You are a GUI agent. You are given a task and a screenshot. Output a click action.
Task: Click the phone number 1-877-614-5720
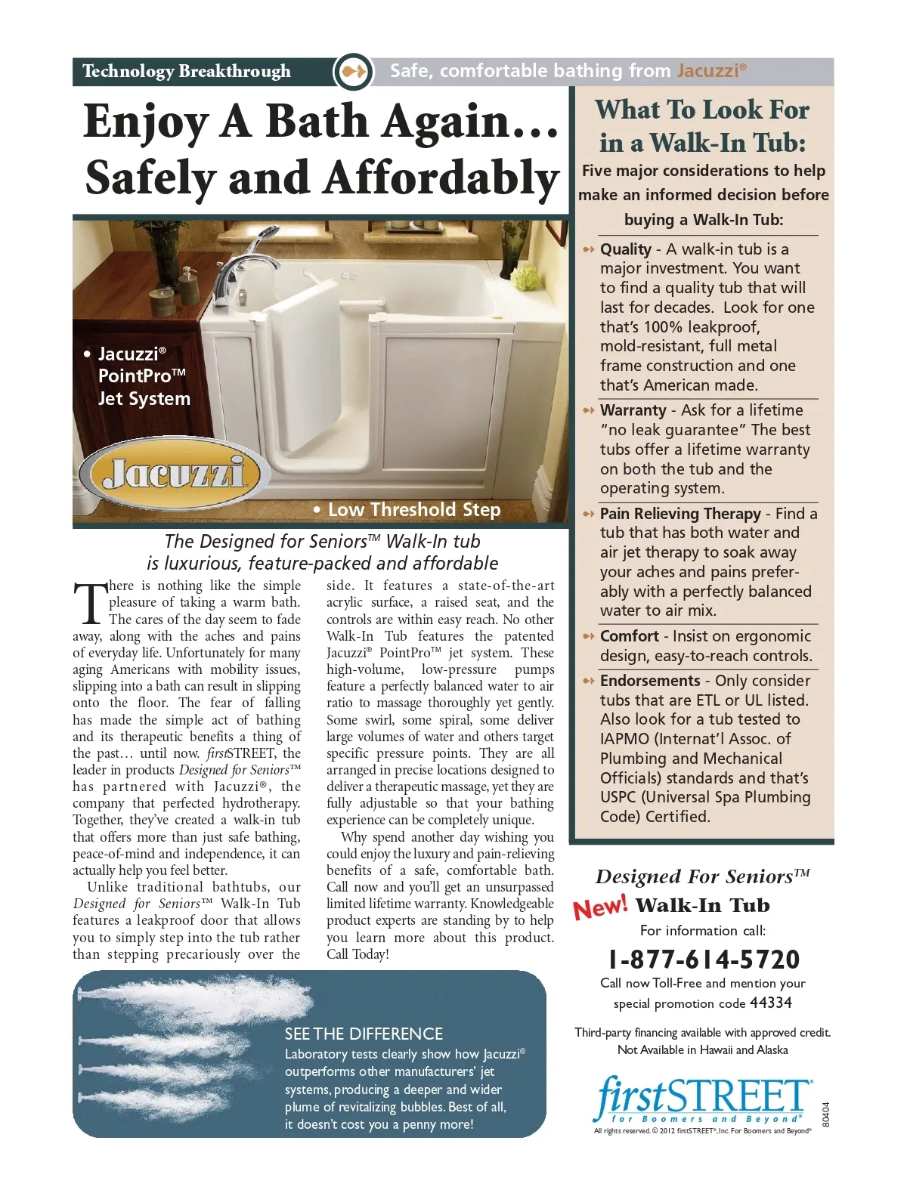point(704,960)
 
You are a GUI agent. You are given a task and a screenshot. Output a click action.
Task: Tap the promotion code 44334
point(770,1003)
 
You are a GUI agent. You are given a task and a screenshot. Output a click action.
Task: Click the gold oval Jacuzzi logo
point(175,474)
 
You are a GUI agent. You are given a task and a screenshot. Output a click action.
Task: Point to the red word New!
point(600,906)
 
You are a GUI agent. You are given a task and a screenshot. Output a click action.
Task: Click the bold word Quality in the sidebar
point(626,249)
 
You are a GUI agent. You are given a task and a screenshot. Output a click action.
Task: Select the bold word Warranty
point(633,410)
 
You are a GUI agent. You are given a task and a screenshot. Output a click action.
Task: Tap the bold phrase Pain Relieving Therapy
point(680,514)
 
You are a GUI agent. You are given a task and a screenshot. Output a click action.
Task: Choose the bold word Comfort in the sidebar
point(630,636)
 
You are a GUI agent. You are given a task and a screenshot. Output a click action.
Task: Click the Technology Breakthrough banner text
point(186,72)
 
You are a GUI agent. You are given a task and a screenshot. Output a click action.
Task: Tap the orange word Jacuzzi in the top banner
point(707,71)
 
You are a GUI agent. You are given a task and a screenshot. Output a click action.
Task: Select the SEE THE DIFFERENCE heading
point(364,1034)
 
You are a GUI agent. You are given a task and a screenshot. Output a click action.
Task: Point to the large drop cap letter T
point(90,604)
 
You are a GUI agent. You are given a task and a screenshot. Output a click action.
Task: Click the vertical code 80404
point(825,1114)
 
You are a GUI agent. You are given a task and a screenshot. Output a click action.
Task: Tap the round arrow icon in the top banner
point(353,72)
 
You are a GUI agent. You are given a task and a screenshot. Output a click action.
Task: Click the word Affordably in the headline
point(441,178)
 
